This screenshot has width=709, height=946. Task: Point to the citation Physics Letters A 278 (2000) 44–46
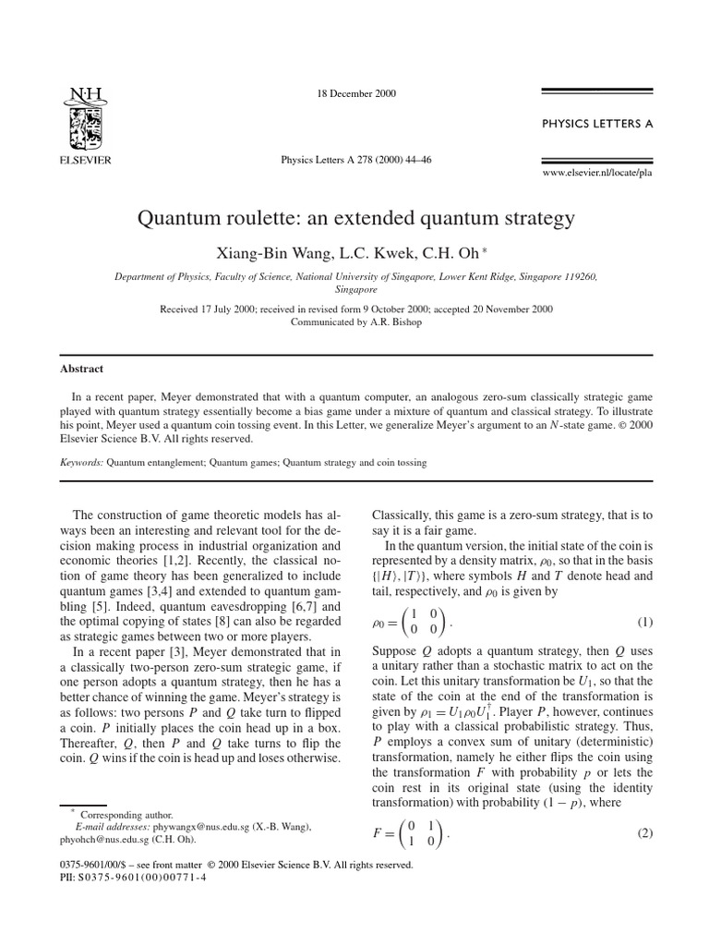pos(355,159)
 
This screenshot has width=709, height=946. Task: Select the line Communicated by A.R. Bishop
pos(354,321)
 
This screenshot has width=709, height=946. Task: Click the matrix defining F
pos(416,833)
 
